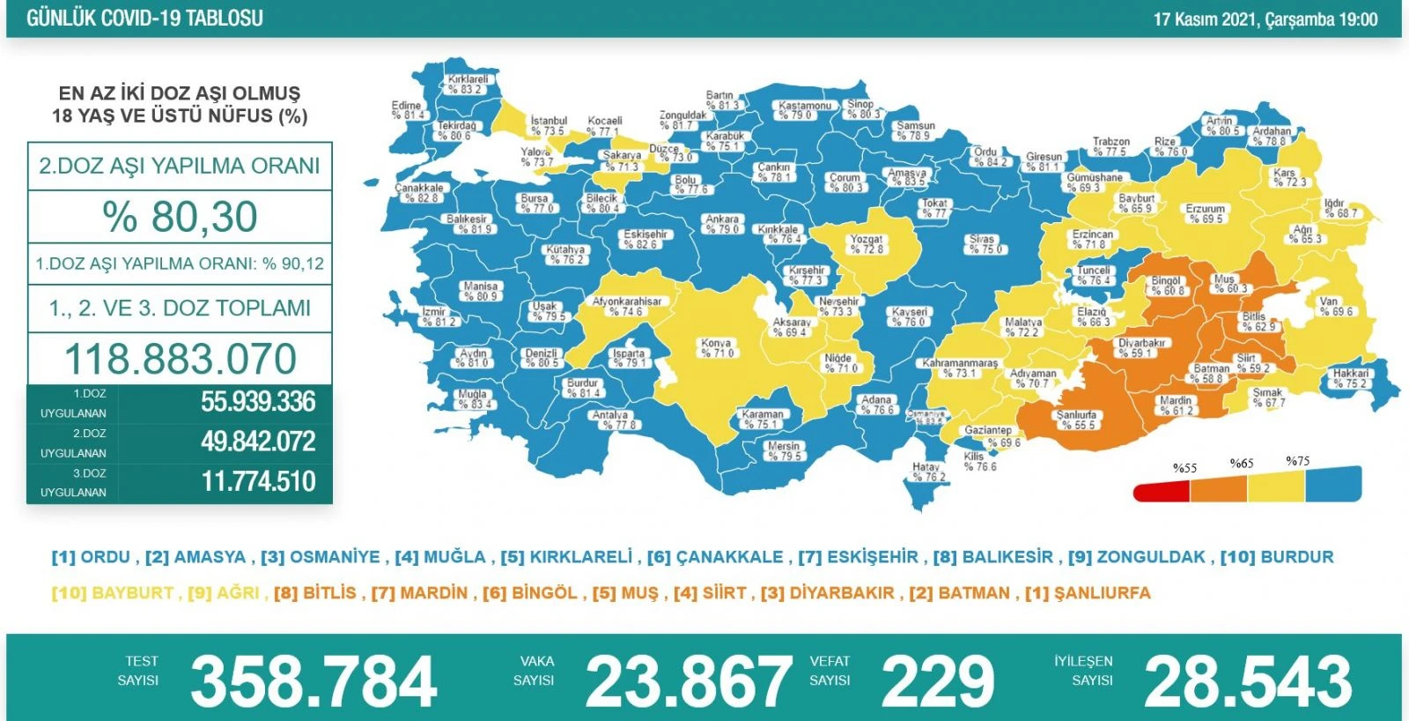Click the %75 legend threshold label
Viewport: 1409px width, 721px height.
[1297, 461]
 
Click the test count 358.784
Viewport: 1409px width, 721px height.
[314, 681]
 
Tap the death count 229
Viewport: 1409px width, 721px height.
[938, 681]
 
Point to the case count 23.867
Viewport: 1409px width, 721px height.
[688, 681]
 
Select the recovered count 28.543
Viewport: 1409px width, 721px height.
[1248, 681]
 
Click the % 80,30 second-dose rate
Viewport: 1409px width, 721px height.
[180, 217]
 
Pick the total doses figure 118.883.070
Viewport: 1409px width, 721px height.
[181, 359]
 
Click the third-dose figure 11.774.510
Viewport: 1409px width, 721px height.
[258, 481]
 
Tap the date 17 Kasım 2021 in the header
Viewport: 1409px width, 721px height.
[1206, 19]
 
